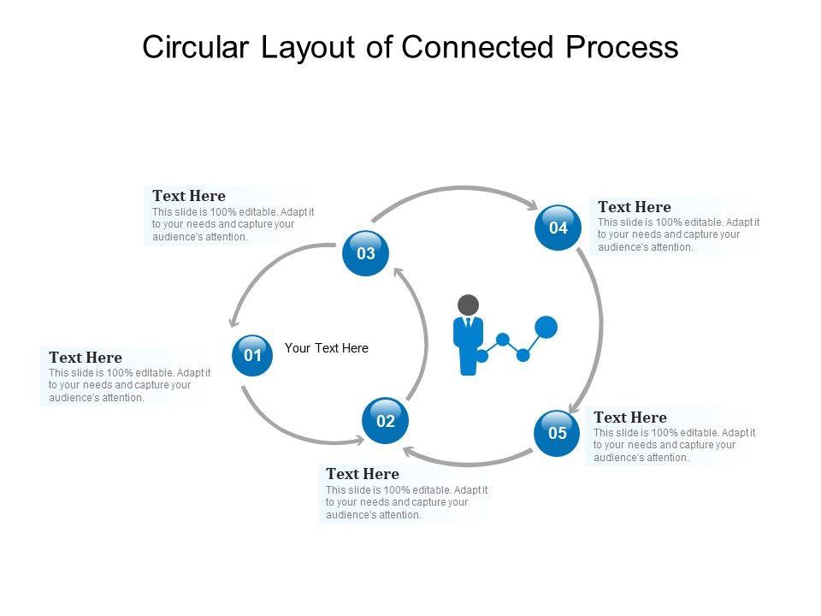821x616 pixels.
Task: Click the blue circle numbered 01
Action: coord(252,356)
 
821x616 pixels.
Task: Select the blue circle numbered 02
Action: coord(386,421)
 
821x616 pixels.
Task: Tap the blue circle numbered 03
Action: coord(365,253)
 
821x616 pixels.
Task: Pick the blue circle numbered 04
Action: coord(558,228)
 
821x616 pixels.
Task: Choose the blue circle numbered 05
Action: coord(557,433)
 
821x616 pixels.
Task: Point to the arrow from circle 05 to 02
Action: coord(468,463)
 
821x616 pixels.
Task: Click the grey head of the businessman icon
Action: coord(468,305)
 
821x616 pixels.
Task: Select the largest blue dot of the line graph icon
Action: coord(546,327)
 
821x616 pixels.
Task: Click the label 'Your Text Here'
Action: coord(327,348)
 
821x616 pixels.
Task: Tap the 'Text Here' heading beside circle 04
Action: coord(635,207)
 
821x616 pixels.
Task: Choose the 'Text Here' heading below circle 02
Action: coord(363,474)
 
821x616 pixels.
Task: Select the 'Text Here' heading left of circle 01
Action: coord(86,358)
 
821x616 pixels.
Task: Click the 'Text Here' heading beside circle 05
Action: coord(630,418)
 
